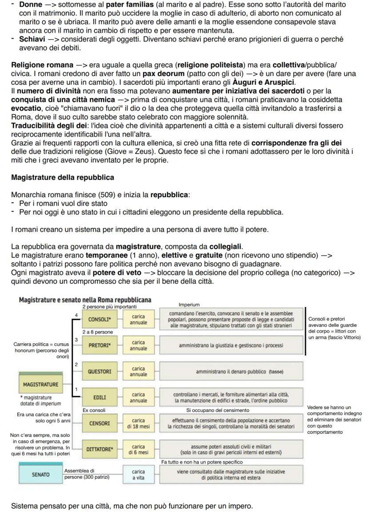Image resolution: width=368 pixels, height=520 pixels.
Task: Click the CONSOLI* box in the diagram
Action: pyautogui.click(x=100, y=319)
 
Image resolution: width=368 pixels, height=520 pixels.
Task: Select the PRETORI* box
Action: pyautogui.click(x=100, y=345)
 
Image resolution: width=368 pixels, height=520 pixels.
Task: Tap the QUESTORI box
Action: pyautogui.click(x=100, y=371)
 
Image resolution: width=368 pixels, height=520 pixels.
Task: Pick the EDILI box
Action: pyautogui.click(x=100, y=397)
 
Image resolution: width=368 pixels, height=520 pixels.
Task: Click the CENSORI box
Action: pyautogui.click(x=100, y=423)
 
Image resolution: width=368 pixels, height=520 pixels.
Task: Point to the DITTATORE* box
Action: pyautogui.click(x=100, y=449)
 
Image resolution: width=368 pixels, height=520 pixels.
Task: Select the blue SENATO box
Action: pyautogui.click(x=40, y=474)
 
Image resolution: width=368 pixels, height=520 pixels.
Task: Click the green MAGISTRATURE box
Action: pyautogui.click(x=40, y=384)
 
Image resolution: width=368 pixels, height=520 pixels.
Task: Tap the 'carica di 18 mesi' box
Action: pyautogui.click(x=138, y=423)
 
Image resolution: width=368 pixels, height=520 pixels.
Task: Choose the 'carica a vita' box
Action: pyautogui.click(x=138, y=474)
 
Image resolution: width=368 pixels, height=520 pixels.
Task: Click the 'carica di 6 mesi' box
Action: pyautogui.click(x=138, y=449)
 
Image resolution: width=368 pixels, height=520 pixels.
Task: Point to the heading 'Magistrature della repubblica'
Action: pyautogui.click(x=62, y=178)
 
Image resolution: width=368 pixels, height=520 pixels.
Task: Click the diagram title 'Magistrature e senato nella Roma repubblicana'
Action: pyautogui.click(x=85, y=300)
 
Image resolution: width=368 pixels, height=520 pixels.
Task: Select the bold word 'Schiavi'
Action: pyautogui.click(x=32, y=39)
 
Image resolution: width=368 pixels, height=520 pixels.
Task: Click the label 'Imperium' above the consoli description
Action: pyautogui.click(x=189, y=305)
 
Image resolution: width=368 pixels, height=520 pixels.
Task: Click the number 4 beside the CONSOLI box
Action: pyautogui.click(x=76, y=315)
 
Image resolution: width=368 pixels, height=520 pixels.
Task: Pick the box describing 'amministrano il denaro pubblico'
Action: pyautogui.click(x=231, y=371)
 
